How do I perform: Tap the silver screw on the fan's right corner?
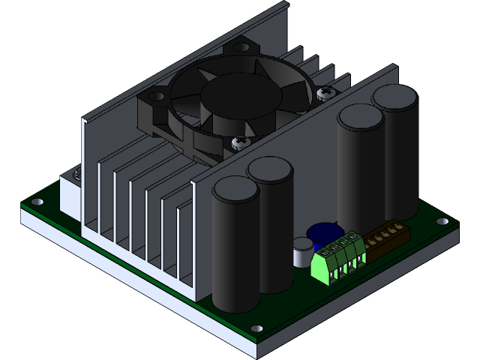(325, 93)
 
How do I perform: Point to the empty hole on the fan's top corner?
(240, 47)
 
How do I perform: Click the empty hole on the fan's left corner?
(157, 96)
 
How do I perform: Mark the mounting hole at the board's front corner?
(256, 328)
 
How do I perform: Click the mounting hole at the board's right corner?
(442, 222)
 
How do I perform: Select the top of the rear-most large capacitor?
(395, 97)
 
